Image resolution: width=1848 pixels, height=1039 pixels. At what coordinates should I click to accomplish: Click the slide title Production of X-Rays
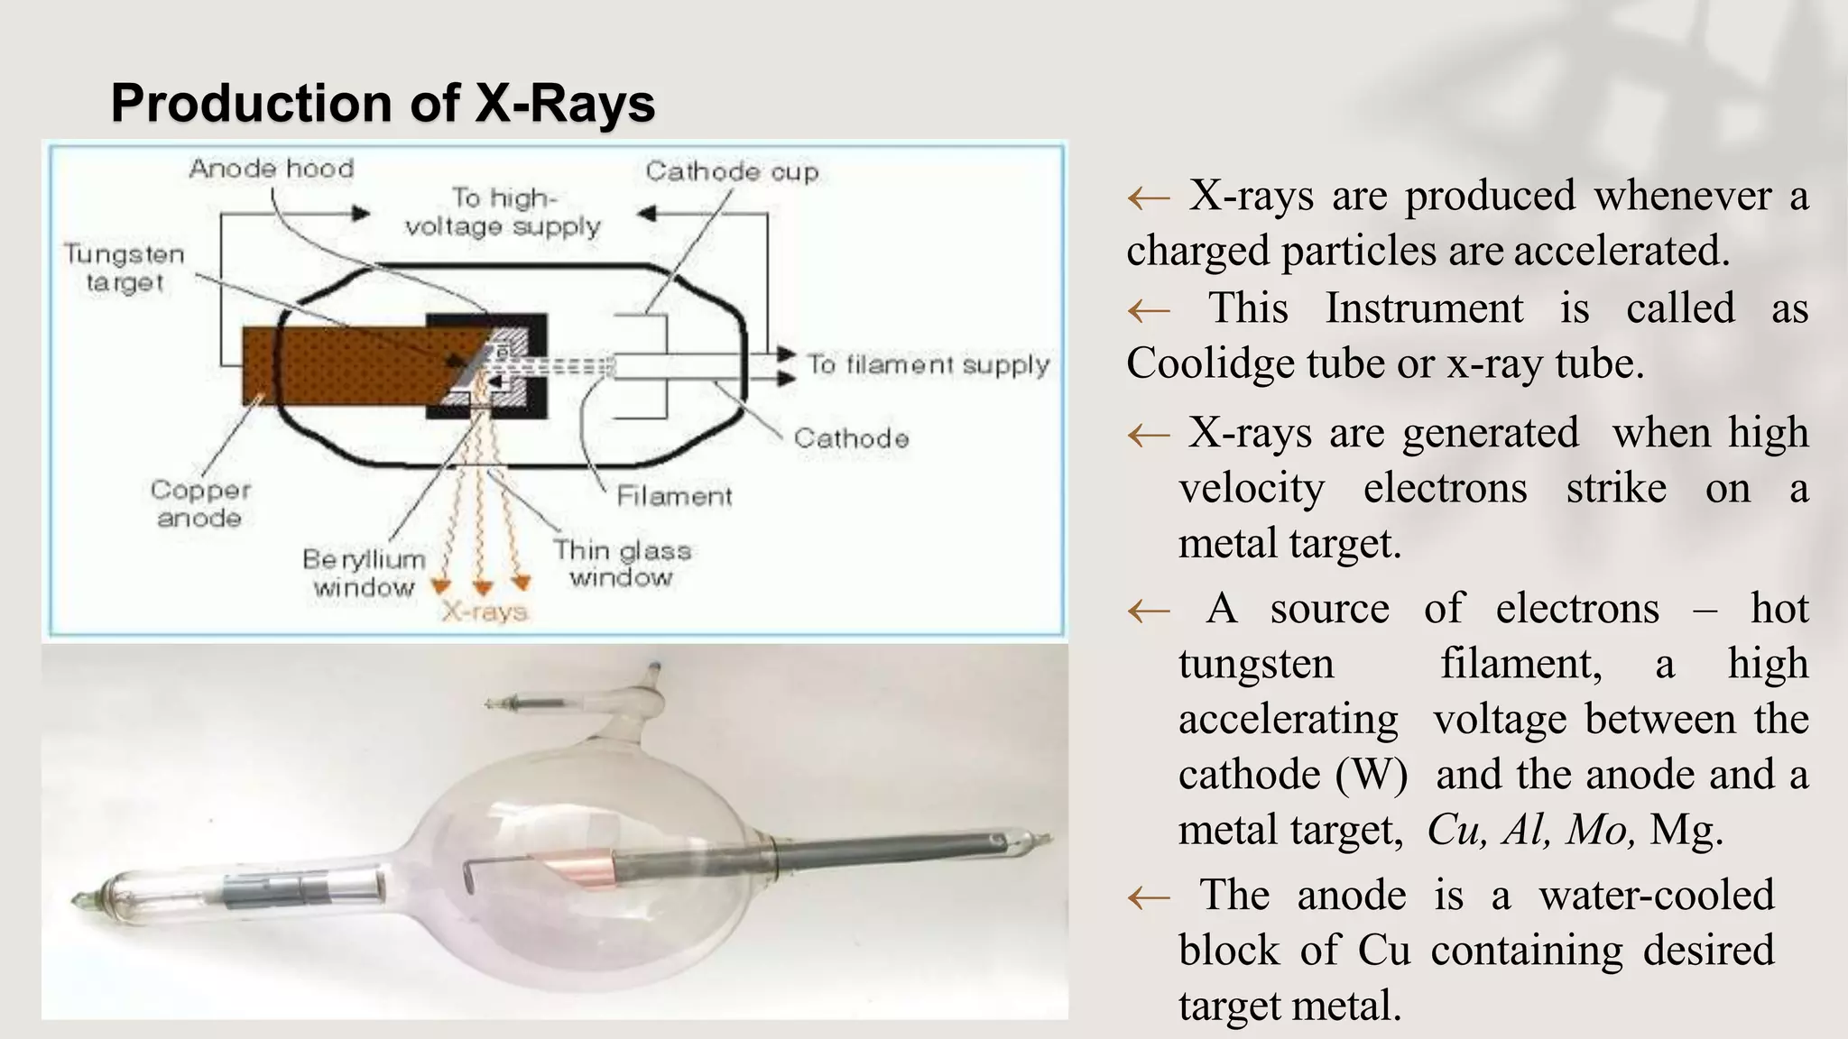[x=383, y=103]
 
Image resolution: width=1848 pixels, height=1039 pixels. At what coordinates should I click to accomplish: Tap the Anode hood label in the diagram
[x=271, y=169]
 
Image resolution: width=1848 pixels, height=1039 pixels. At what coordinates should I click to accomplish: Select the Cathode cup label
[x=732, y=171]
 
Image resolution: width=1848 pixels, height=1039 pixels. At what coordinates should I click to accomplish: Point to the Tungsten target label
[x=125, y=268]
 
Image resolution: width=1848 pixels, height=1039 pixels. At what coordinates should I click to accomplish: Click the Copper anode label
[x=199, y=503]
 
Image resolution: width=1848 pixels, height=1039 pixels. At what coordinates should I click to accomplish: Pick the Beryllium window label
[x=364, y=573]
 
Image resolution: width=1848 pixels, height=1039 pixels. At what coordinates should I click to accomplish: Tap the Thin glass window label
[x=622, y=563]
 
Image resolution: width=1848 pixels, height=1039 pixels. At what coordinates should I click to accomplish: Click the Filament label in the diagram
[x=674, y=496]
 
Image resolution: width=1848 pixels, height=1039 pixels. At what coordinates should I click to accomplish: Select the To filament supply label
[x=928, y=364]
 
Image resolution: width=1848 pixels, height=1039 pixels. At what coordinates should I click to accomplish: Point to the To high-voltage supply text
[x=503, y=212]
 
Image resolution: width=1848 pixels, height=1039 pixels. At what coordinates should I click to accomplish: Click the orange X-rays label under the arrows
[x=485, y=612]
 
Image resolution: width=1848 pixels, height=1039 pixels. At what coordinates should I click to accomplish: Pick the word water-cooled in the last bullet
[x=1657, y=896]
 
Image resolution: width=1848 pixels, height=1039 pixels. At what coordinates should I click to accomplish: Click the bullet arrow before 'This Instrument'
[x=1149, y=311]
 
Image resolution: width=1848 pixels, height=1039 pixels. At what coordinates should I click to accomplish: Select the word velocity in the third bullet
[x=1252, y=489]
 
